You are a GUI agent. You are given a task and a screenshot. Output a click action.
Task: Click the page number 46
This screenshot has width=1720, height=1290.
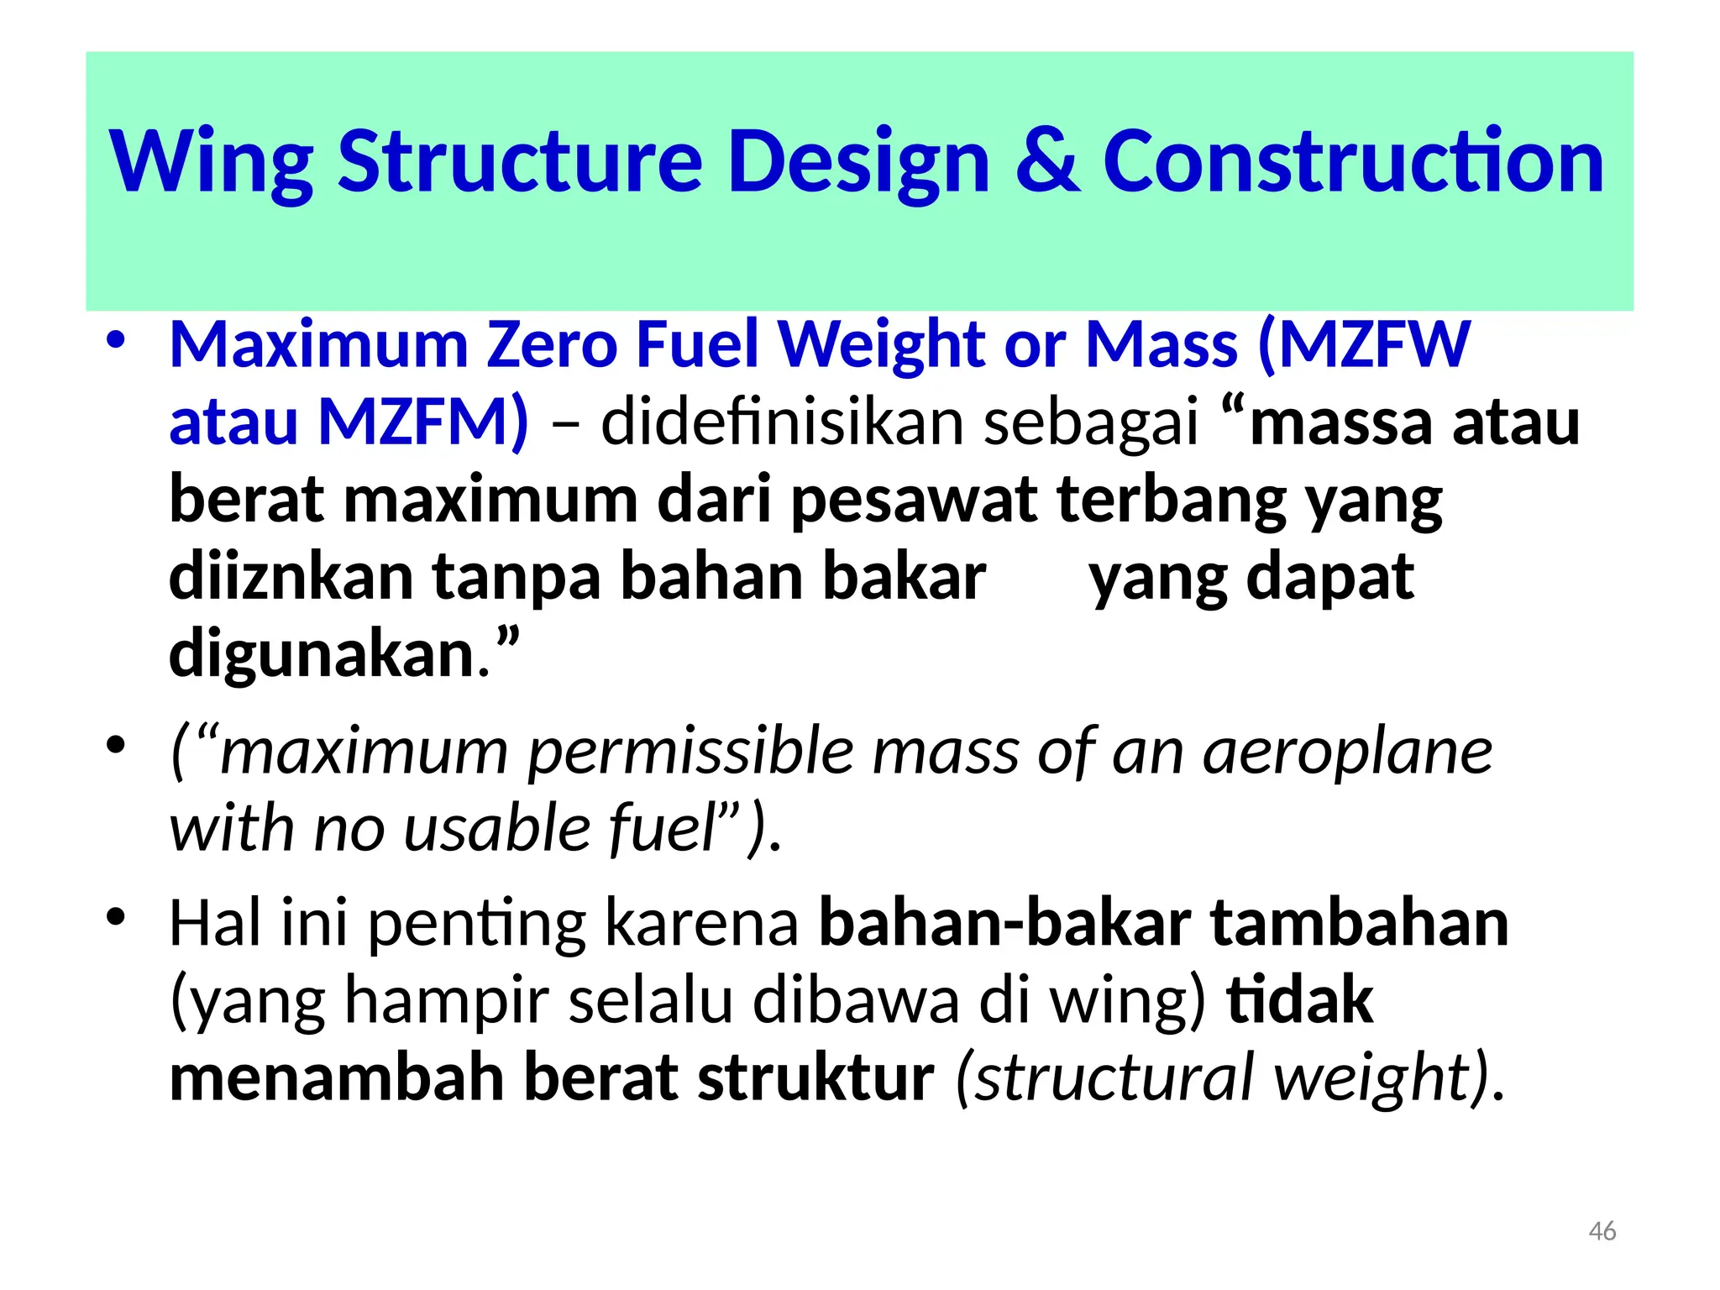(1602, 1231)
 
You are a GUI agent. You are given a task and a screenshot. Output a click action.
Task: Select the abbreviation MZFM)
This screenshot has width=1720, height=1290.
(423, 422)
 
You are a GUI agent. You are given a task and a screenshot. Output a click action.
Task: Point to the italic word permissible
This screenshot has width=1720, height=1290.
(690, 751)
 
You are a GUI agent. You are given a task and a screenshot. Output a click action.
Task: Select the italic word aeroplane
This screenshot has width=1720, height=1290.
(1347, 751)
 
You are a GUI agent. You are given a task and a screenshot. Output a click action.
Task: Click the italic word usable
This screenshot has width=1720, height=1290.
(496, 828)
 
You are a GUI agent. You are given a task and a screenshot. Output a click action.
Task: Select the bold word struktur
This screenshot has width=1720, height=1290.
(815, 1078)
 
